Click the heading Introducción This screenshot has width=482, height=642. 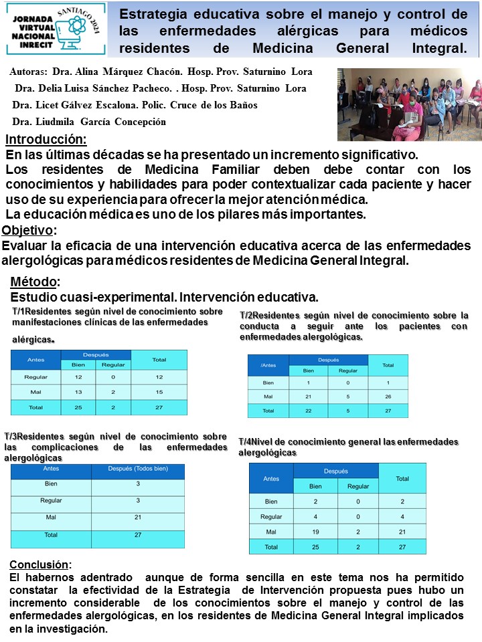(x=46, y=140)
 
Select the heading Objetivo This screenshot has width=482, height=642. (x=28, y=231)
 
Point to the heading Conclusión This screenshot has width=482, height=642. (x=39, y=564)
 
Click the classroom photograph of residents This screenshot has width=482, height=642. (x=408, y=104)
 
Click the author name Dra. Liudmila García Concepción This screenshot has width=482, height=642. (x=89, y=122)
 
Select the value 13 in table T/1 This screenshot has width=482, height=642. (x=78, y=392)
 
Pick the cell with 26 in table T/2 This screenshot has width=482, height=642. (x=388, y=397)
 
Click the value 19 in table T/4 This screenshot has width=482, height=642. (x=315, y=532)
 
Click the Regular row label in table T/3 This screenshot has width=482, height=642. (x=51, y=500)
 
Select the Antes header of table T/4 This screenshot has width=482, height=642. (x=271, y=478)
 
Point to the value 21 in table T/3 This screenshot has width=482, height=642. (x=137, y=518)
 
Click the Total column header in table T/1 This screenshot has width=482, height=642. (x=159, y=359)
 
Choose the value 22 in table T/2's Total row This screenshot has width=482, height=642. (x=308, y=411)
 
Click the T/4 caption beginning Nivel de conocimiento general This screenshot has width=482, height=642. (x=348, y=447)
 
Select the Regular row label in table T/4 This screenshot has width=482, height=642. (x=271, y=516)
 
